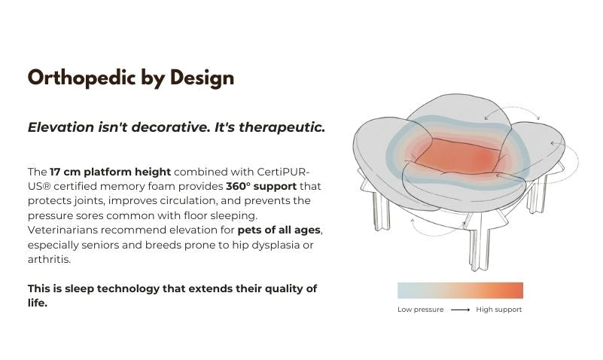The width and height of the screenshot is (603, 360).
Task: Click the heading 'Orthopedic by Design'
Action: coord(131,78)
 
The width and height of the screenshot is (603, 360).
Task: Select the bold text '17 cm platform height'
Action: coord(110,172)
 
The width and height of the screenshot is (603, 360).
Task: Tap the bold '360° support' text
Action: coord(261,187)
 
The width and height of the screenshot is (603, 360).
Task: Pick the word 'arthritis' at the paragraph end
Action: coord(49,259)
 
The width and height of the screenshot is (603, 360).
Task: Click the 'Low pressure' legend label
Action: coord(420,310)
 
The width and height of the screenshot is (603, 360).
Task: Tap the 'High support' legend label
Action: coord(499,310)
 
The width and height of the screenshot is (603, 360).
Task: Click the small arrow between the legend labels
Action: coord(460,310)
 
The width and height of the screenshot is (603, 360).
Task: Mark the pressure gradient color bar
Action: coord(460,291)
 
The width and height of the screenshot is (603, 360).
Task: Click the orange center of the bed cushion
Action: coord(458,156)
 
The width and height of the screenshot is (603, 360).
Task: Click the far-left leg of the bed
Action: coord(381,211)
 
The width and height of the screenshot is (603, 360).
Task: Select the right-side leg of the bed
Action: coord(538,194)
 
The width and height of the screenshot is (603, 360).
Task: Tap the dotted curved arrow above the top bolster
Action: coord(512,109)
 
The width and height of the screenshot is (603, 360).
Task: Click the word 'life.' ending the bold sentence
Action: coord(38,303)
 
